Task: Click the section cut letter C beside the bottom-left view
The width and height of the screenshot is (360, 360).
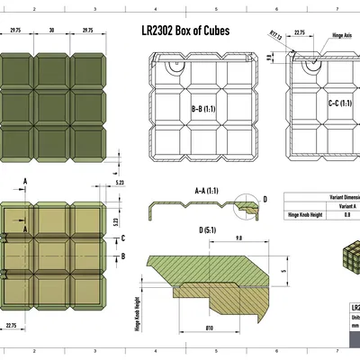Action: (x=121, y=238)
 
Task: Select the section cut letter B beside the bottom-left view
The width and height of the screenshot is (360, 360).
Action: (x=121, y=256)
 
